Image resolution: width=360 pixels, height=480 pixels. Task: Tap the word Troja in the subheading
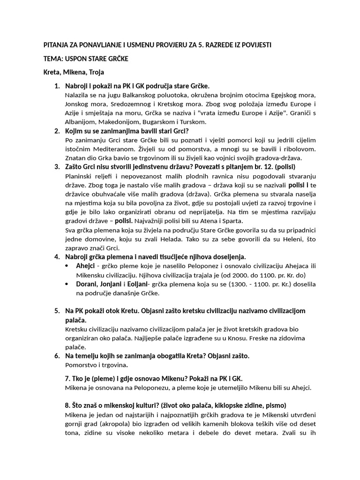coord(95,72)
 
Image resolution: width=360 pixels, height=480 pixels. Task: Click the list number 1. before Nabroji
coord(57,86)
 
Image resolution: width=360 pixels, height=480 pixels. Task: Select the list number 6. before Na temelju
coord(57,356)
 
